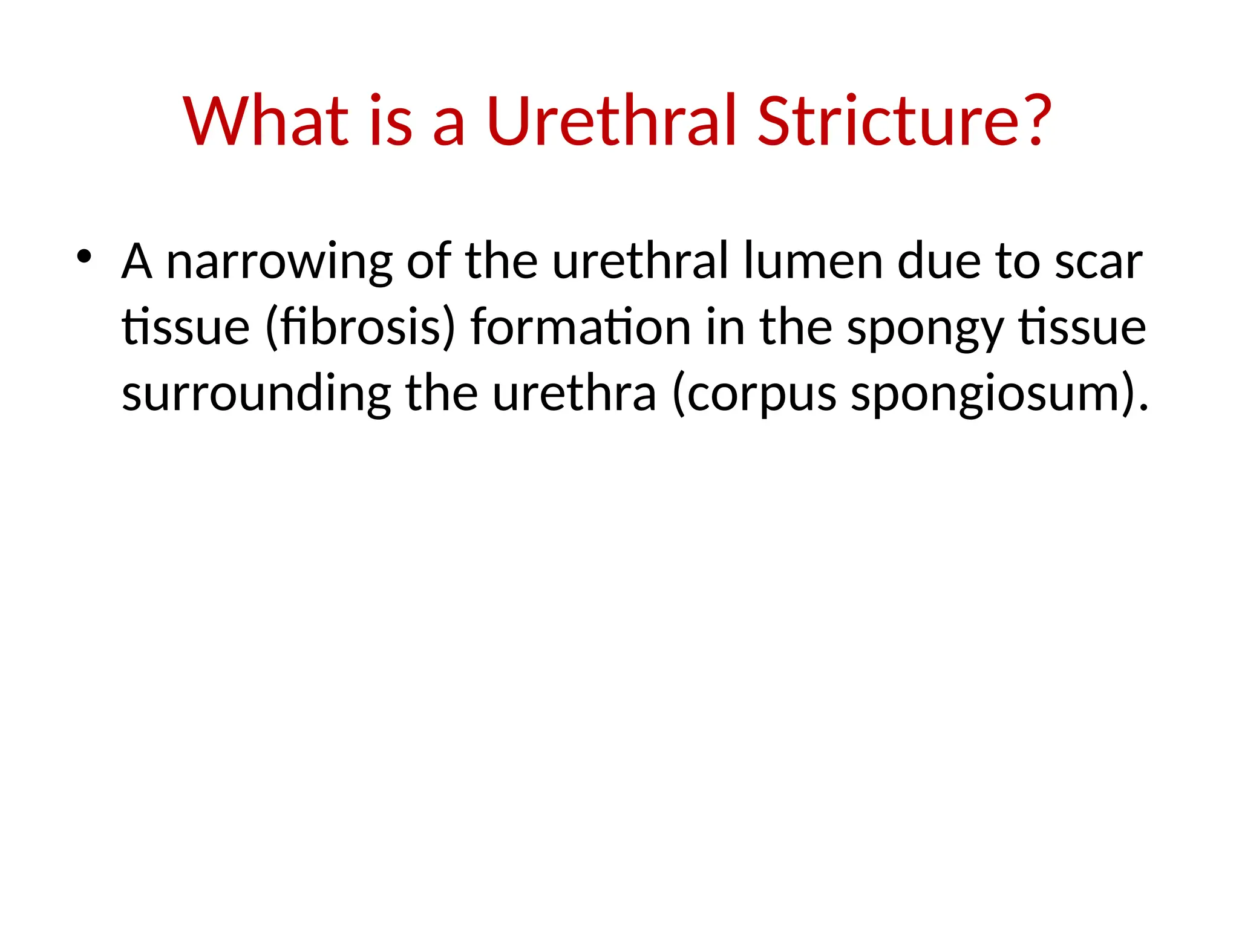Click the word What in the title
(266, 121)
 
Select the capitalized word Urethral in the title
(611, 121)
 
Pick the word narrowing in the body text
(279, 262)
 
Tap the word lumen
(813, 261)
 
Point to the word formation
(581, 328)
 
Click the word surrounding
(257, 394)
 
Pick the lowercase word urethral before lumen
(640, 261)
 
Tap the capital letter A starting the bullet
(136, 261)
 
